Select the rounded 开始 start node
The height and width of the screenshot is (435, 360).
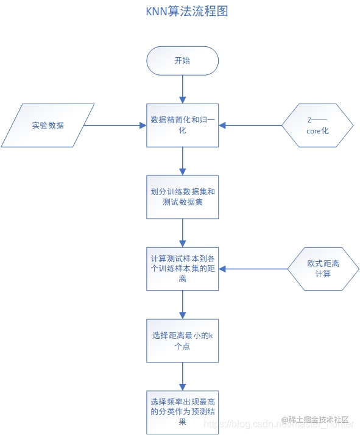(x=182, y=61)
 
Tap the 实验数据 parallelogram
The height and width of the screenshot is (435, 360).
(x=48, y=126)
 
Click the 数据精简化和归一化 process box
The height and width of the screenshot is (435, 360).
(x=183, y=125)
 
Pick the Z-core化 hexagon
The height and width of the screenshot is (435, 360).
(x=317, y=126)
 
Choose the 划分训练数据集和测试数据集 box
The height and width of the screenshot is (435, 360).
(x=183, y=197)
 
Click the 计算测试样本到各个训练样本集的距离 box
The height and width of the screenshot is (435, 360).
(x=183, y=269)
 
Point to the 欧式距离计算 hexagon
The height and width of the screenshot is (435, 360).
(x=323, y=269)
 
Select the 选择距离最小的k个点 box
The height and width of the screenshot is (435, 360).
(x=183, y=341)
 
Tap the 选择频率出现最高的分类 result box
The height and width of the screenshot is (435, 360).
(x=183, y=412)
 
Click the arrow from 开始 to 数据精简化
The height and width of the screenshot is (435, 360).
(x=183, y=90)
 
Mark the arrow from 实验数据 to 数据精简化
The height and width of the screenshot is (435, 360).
(x=115, y=126)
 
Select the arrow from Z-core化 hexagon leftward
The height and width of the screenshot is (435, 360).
(x=250, y=126)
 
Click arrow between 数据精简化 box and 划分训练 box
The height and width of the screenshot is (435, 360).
(x=183, y=161)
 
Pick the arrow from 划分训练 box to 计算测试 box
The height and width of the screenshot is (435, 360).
(x=183, y=233)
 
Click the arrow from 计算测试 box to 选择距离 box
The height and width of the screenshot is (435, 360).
(x=183, y=305)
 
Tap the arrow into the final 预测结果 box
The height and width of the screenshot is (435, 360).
(x=183, y=377)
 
